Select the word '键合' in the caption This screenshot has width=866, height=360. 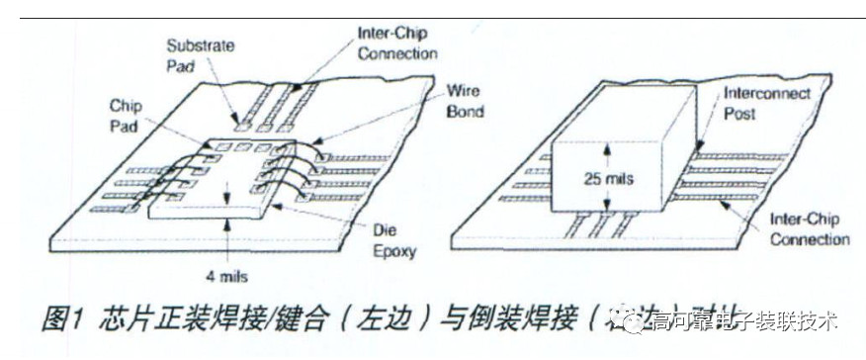317,318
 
